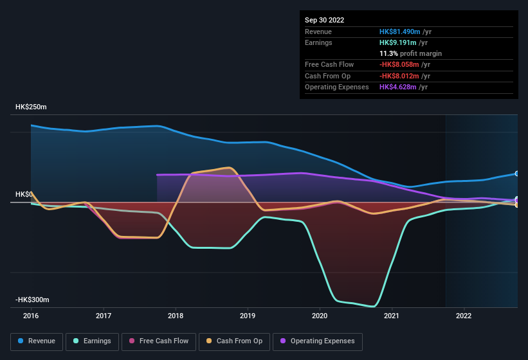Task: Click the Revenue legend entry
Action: point(37,341)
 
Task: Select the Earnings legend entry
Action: point(92,341)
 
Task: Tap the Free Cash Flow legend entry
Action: point(158,341)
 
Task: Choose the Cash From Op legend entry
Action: point(234,341)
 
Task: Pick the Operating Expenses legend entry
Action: point(317,341)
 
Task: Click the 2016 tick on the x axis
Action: point(31,316)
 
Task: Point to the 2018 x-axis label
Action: point(176,316)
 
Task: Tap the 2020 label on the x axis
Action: point(320,316)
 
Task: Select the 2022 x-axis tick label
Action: point(464,316)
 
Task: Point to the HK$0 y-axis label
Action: point(24,194)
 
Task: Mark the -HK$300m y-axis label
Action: point(32,300)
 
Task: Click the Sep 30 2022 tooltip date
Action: point(325,20)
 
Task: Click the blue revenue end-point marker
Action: point(516,174)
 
